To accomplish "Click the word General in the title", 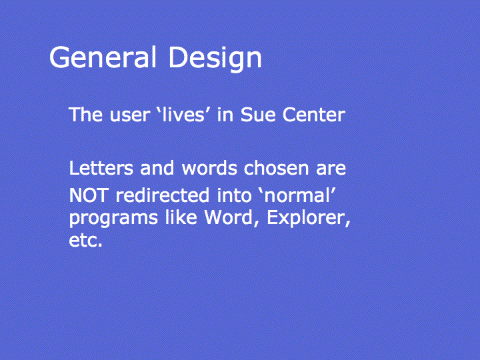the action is click(x=103, y=57).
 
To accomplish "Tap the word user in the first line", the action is click(x=130, y=116).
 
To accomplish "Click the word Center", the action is click(x=314, y=115).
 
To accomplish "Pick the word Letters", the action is click(x=101, y=168).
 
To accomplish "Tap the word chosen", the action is click(x=277, y=168).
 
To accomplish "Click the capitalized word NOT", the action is click(x=89, y=195).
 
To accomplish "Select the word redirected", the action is click(x=163, y=195).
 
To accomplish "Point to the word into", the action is click(x=234, y=195).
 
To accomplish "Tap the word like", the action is click(x=181, y=217).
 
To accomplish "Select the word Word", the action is click(x=231, y=218).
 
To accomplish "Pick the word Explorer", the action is click(x=309, y=219).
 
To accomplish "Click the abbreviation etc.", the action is click(x=85, y=240).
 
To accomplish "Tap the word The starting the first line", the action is click(x=86, y=115).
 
